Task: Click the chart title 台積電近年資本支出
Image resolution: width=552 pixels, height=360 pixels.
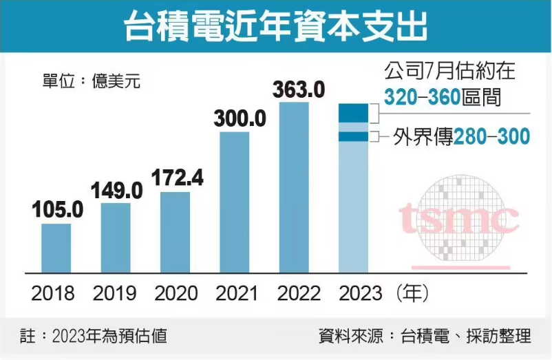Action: pos(275,27)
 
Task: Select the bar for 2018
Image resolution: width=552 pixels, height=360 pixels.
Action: pos(56,247)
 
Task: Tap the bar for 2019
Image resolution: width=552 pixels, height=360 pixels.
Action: pos(116,237)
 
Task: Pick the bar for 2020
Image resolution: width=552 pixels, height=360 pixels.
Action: pos(175,231)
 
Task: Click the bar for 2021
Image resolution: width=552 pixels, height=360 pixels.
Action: pos(235,201)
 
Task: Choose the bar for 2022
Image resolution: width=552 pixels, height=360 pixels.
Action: pos(294,187)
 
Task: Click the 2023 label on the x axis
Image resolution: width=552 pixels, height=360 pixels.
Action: pos(360,294)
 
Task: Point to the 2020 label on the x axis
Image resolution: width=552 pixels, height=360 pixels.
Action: pos(176,294)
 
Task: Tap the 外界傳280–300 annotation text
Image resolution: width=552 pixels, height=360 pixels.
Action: pos(460,136)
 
